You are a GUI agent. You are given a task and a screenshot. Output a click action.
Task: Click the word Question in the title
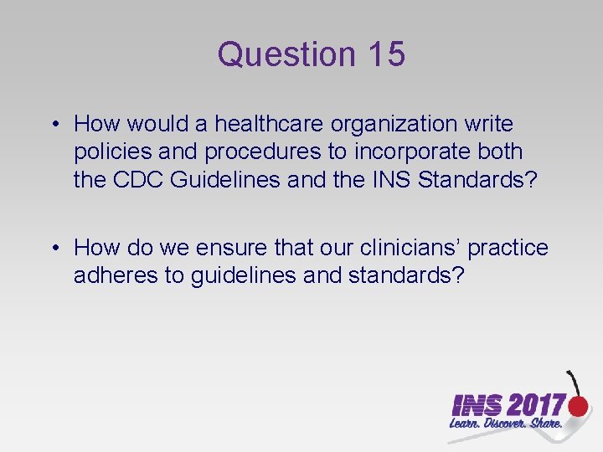(x=286, y=54)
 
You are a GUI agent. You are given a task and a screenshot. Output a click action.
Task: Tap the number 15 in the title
(x=386, y=54)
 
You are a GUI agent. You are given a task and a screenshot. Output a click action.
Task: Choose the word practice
(x=508, y=248)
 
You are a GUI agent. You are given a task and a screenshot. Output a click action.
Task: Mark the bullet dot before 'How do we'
(x=54, y=249)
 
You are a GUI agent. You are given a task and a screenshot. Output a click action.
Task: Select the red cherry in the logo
(x=578, y=407)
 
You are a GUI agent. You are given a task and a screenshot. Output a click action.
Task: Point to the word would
(x=162, y=125)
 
